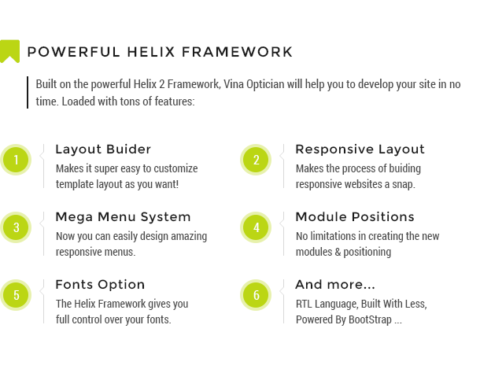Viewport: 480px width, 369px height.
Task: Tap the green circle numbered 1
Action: pyautogui.click(x=16, y=160)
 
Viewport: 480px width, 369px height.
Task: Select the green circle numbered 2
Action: pyautogui.click(x=256, y=160)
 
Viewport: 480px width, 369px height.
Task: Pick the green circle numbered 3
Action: pyautogui.click(x=16, y=227)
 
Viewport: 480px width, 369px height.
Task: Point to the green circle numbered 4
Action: pyautogui.click(x=256, y=227)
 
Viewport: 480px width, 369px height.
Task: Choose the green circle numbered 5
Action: pyautogui.click(x=16, y=295)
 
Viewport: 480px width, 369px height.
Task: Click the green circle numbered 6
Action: pyautogui.click(x=256, y=295)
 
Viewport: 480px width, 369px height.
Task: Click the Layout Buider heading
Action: pyautogui.click(x=103, y=149)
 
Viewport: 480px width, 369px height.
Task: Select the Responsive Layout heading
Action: pyautogui.click(x=360, y=149)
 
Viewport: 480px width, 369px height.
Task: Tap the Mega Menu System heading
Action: pyautogui.click(x=123, y=217)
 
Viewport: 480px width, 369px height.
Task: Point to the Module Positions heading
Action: pyautogui.click(x=355, y=217)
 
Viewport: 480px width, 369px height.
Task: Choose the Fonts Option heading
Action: pyautogui.click(x=100, y=285)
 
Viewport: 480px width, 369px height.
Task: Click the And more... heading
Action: pyautogui.click(x=335, y=285)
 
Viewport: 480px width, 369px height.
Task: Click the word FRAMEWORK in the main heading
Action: pyautogui.click(x=237, y=52)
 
